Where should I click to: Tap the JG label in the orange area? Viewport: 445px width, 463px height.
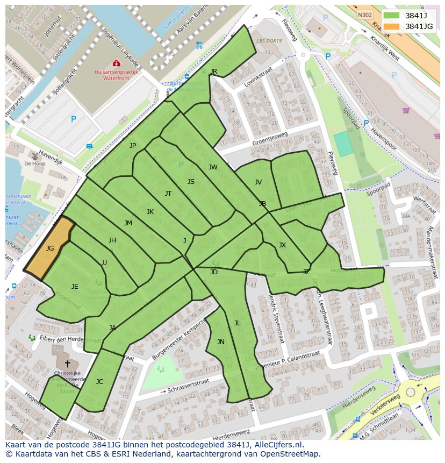tap(50, 248)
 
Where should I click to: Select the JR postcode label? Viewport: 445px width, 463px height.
tap(213, 72)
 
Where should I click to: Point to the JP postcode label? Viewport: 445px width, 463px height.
tap(133, 146)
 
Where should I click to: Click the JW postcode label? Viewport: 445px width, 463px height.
tap(213, 167)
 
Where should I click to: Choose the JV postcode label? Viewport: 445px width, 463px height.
tap(258, 182)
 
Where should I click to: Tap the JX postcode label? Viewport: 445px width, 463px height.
tap(282, 245)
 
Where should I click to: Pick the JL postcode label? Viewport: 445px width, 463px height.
tap(237, 323)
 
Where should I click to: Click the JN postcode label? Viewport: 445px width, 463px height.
tap(221, 342)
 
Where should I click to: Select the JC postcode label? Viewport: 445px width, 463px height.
tap(99, 382)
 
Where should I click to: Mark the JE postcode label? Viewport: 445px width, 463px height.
tap(75, 287)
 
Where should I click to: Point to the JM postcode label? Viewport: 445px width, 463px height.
tap(128, 223)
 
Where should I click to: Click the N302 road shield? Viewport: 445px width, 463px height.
tap(365, 16)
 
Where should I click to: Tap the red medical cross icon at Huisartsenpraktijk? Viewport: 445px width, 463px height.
tap(116, 63)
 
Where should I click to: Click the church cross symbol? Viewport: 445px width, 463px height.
tap(67, 364)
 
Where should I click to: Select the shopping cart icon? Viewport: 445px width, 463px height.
tap(406, 110)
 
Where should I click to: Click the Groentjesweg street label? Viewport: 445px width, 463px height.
tap(270, 139)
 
